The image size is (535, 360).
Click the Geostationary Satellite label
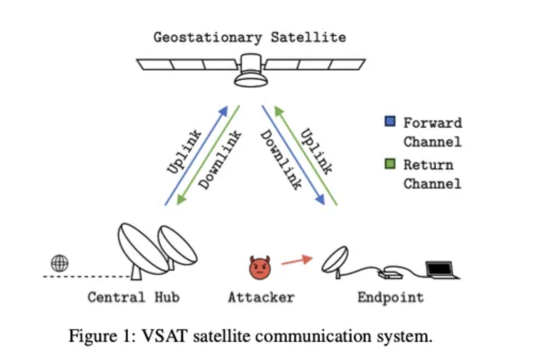tap(250, 37)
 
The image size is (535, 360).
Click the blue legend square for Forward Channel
tap(390, 121)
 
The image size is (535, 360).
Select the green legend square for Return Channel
tap(390, 163)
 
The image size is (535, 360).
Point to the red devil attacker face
tap(260, 268)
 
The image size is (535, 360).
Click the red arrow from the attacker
tap(297, 261)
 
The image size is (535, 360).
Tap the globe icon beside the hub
tap(60, 263)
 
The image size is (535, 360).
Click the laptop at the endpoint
tap(442, 270)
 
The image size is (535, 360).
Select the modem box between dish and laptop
tap(390, 274)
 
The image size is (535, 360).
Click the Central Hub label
tap(133, 297)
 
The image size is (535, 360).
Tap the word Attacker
tap(261, 297)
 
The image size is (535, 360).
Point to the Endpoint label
tap(391, 298)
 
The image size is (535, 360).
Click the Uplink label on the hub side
tap(184, 152)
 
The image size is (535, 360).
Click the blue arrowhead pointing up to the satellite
tap(223, 111)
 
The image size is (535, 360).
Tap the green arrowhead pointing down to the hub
tap(182, 200)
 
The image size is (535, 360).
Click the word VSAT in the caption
tap(165, 336)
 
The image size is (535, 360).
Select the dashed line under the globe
tap(87, 276)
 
